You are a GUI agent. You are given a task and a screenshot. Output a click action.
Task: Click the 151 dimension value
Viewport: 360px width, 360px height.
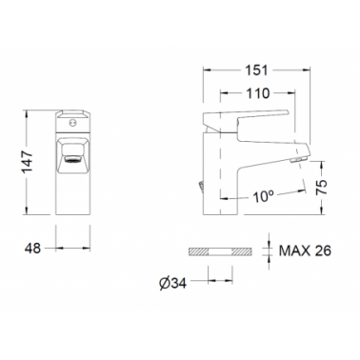pyautogui.click(x=256, y=70)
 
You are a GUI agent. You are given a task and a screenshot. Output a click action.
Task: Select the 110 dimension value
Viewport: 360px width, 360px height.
pyautogui.click(x=258, y=93)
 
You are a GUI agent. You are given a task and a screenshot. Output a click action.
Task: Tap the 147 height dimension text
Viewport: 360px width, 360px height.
pyautogui.click(x=28, y=162)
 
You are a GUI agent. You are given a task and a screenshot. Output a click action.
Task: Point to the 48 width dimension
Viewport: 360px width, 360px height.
pyautogui.click(x=32, y=249)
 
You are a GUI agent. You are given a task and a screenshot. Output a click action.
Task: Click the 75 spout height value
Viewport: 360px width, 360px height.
pyautogui.click(x=321, y=188)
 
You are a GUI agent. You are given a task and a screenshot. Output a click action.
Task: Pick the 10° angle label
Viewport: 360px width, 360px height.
pyautogui.click(x=263, y=197)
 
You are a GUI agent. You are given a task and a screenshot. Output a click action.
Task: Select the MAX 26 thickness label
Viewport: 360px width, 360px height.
pyautogui.click(x=305, y=250)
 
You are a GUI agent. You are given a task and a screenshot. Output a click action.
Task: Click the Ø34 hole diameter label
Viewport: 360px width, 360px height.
pyautogui.click(x=172, y=284)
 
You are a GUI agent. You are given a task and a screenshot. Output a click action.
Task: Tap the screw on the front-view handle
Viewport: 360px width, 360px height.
pyautogui.click(x=72, y=122)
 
